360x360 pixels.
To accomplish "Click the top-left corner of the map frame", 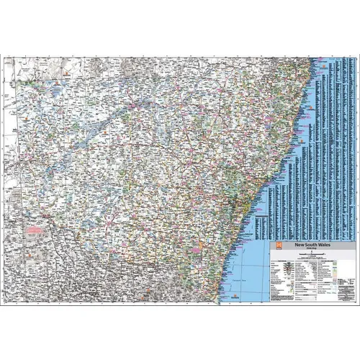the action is pyautogui.click(x=3, y=57).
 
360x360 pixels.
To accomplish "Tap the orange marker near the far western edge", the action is pyautogui.click(x=10, y=130).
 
